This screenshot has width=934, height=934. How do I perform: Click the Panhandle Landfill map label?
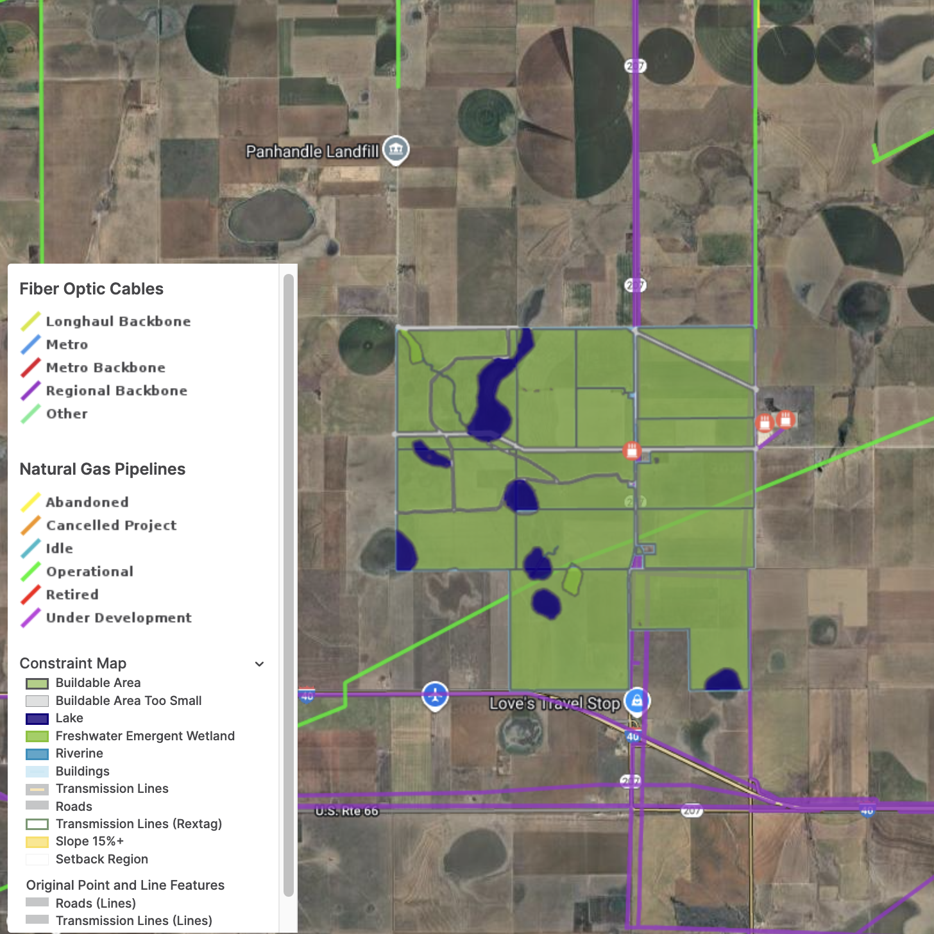coord(312,151)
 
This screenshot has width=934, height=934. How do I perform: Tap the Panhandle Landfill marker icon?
coord(396,149)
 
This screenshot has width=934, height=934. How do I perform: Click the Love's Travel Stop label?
coord(554,704)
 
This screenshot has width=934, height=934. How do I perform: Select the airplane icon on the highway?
coord(435,695)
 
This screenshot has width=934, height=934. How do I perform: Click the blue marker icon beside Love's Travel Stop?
coord(637,701)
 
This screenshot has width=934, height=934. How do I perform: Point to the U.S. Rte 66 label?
coord(346,811)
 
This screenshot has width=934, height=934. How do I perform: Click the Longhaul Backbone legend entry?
coord(118,321)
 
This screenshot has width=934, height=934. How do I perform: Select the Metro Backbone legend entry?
coord(105,368)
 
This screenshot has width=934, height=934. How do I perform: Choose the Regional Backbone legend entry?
coord(116,391)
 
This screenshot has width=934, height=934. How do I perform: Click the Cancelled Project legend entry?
coord(111,525)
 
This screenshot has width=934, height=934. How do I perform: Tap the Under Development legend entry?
coord(119,618)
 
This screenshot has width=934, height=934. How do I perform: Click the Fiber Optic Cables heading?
coord(92,289)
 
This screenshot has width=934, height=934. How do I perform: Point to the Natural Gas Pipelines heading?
coord(103,469)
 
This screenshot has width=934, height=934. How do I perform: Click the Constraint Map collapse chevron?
coord(260,664)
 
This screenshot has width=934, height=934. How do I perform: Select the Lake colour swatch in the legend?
coord(37,718)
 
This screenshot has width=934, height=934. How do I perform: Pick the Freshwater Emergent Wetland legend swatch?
coord(37,736)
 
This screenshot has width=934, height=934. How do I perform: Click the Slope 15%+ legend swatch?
coord(37,842)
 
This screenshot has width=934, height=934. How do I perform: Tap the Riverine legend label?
coord(80,753)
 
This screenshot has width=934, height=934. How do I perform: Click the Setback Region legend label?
coord(102,859)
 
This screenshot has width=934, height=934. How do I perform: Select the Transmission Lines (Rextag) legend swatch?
coord(37,824)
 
